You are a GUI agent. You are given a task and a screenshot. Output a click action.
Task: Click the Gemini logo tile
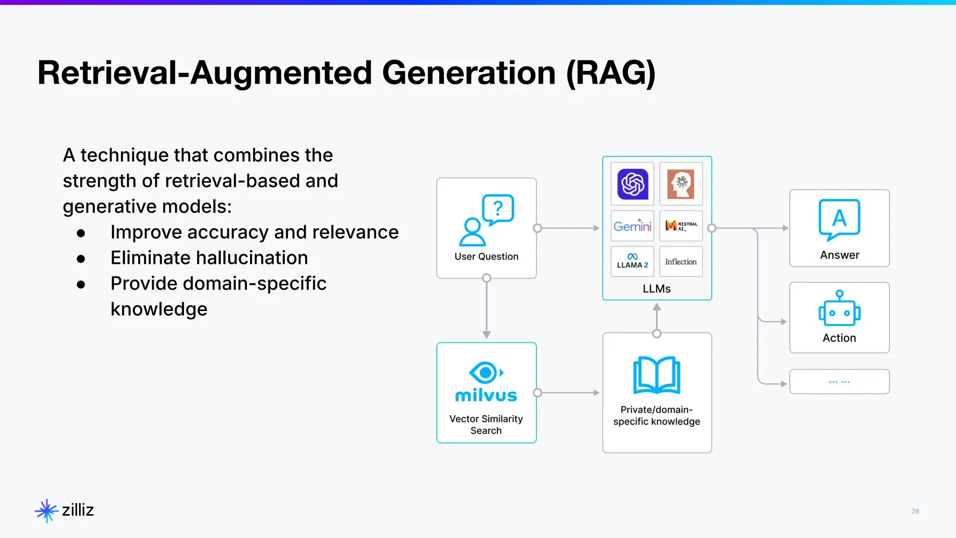[x=633, y=226]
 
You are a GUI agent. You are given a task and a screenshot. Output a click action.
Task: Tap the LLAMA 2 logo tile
[x=633, y=262]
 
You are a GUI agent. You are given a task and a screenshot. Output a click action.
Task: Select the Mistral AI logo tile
[x=681, y=226]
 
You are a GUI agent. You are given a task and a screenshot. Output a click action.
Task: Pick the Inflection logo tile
[x=681, y=262]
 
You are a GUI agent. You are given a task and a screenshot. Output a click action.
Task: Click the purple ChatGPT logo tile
[x=633, y=184]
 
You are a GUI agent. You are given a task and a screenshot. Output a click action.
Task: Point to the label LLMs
[x=656, y=289]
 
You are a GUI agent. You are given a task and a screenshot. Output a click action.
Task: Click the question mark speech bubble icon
[x=498, y=209]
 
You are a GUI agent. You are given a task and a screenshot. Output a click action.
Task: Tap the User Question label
[x=486, y=256]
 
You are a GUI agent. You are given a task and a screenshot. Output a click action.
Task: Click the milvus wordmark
[x=486, y=396]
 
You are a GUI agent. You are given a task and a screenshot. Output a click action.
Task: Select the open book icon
[x=656, y=375]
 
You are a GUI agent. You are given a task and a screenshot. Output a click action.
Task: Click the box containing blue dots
[x=839, y=382]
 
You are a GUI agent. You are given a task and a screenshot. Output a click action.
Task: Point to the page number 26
[x=915, y=511]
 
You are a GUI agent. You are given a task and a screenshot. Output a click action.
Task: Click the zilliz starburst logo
[x=46, y=510]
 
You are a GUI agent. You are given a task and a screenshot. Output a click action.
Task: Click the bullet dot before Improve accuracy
[x=81, y=233]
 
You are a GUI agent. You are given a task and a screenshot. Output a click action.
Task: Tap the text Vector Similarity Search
[x=486, y=425]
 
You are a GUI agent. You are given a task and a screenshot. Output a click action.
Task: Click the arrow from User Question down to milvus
[x=486, y=308]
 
